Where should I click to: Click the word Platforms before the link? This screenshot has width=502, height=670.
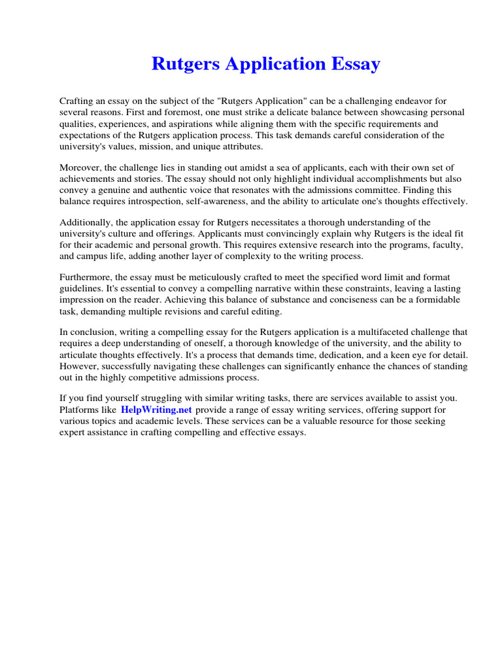(x=80, y=410)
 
